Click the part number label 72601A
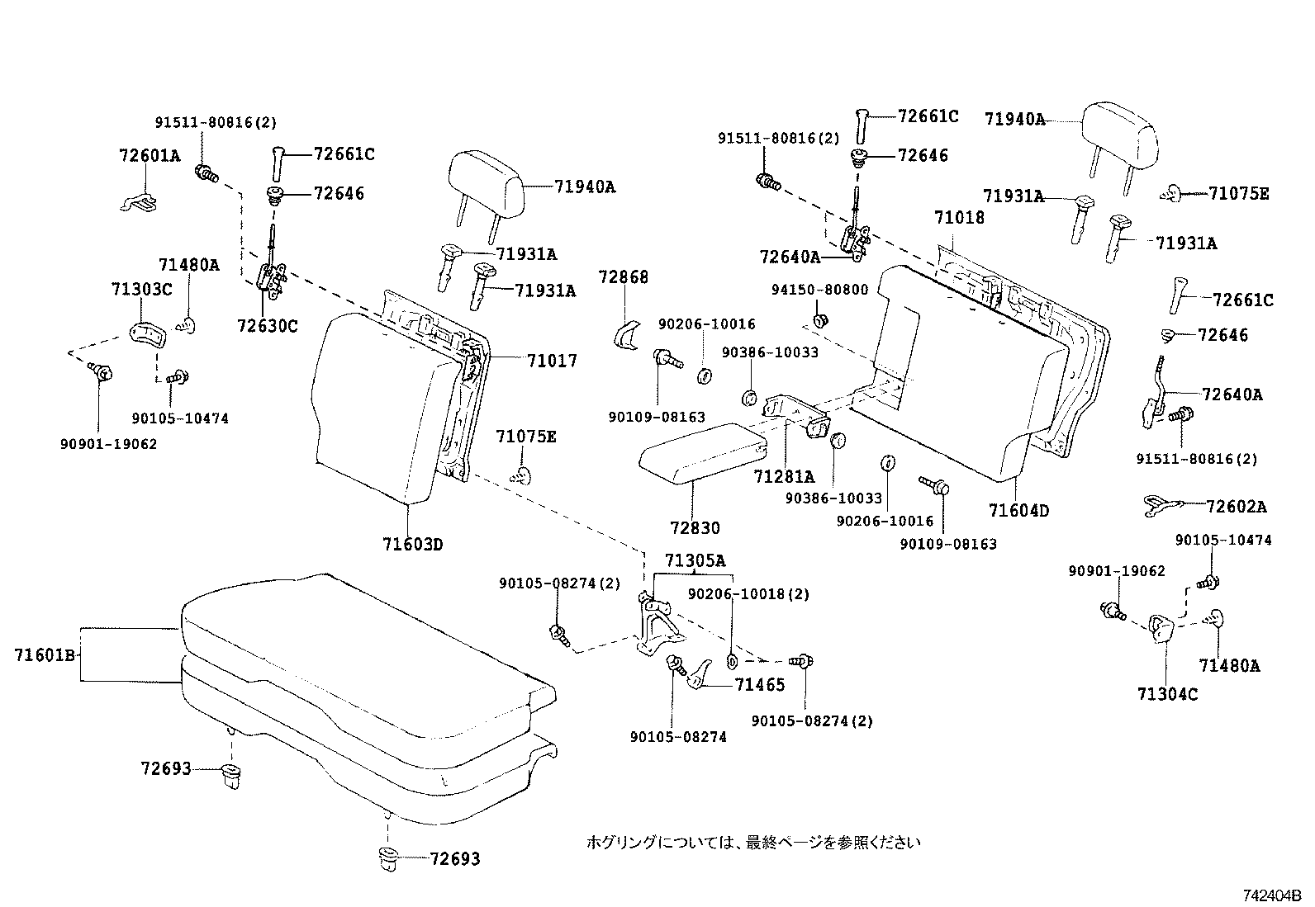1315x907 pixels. click(149, 155)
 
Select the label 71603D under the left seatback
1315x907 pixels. click(413, 544)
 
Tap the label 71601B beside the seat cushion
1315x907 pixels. click(45, 655)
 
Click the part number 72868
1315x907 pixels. click(624, 277)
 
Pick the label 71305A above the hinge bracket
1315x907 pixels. click(695, 561)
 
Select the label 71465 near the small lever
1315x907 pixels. click(760, 684)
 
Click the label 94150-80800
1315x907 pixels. click(819, 290)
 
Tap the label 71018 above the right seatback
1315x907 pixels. click(959, 218)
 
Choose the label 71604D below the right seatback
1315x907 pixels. click(1018, 511)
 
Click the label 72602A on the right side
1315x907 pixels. click(1236, 507)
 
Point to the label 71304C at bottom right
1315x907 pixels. click(1167, 694)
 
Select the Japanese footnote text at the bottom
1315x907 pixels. click(752, 842)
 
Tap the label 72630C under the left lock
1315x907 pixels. click(267, 326)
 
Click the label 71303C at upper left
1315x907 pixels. click(141, 289)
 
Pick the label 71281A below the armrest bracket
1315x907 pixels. click(784, 476)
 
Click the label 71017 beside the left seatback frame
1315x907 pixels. click(552, 361)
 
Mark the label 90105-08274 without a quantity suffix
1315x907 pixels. click(677, 737)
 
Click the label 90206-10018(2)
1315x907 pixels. click(748, 593)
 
